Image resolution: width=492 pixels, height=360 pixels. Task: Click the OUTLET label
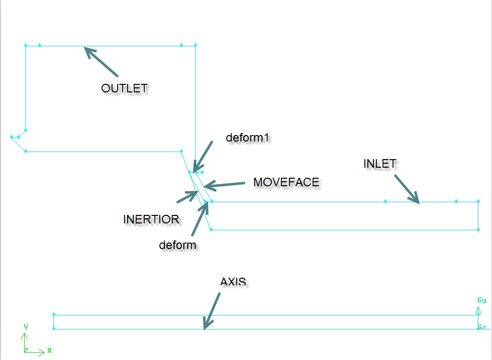click(124, 88)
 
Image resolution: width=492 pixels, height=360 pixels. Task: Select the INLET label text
click(380, 164)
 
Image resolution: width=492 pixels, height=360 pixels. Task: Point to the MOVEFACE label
click(286, 182)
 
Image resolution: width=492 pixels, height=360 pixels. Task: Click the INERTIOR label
click(151, 219)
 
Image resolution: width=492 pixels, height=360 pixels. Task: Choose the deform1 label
click(248, 138)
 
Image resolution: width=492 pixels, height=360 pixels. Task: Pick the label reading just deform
click(177, 245)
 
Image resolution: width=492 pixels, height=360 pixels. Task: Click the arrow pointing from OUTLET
click(101, 61)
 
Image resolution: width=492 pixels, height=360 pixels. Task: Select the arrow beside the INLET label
click(407, 189)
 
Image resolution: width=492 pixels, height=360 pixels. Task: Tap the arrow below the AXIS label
click(212, 311)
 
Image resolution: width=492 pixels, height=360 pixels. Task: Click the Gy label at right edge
click(481, 300)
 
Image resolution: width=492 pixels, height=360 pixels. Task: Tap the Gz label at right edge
click(481, 327)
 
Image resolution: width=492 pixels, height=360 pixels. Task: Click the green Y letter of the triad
click(26, 327)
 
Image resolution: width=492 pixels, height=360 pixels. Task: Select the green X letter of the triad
click(49, 350)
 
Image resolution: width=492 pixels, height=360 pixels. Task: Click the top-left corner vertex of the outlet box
click(26, 45)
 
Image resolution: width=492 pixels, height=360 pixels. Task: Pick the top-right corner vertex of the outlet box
click(195, 45)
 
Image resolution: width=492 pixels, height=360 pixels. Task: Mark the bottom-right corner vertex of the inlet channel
click(477, 230)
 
